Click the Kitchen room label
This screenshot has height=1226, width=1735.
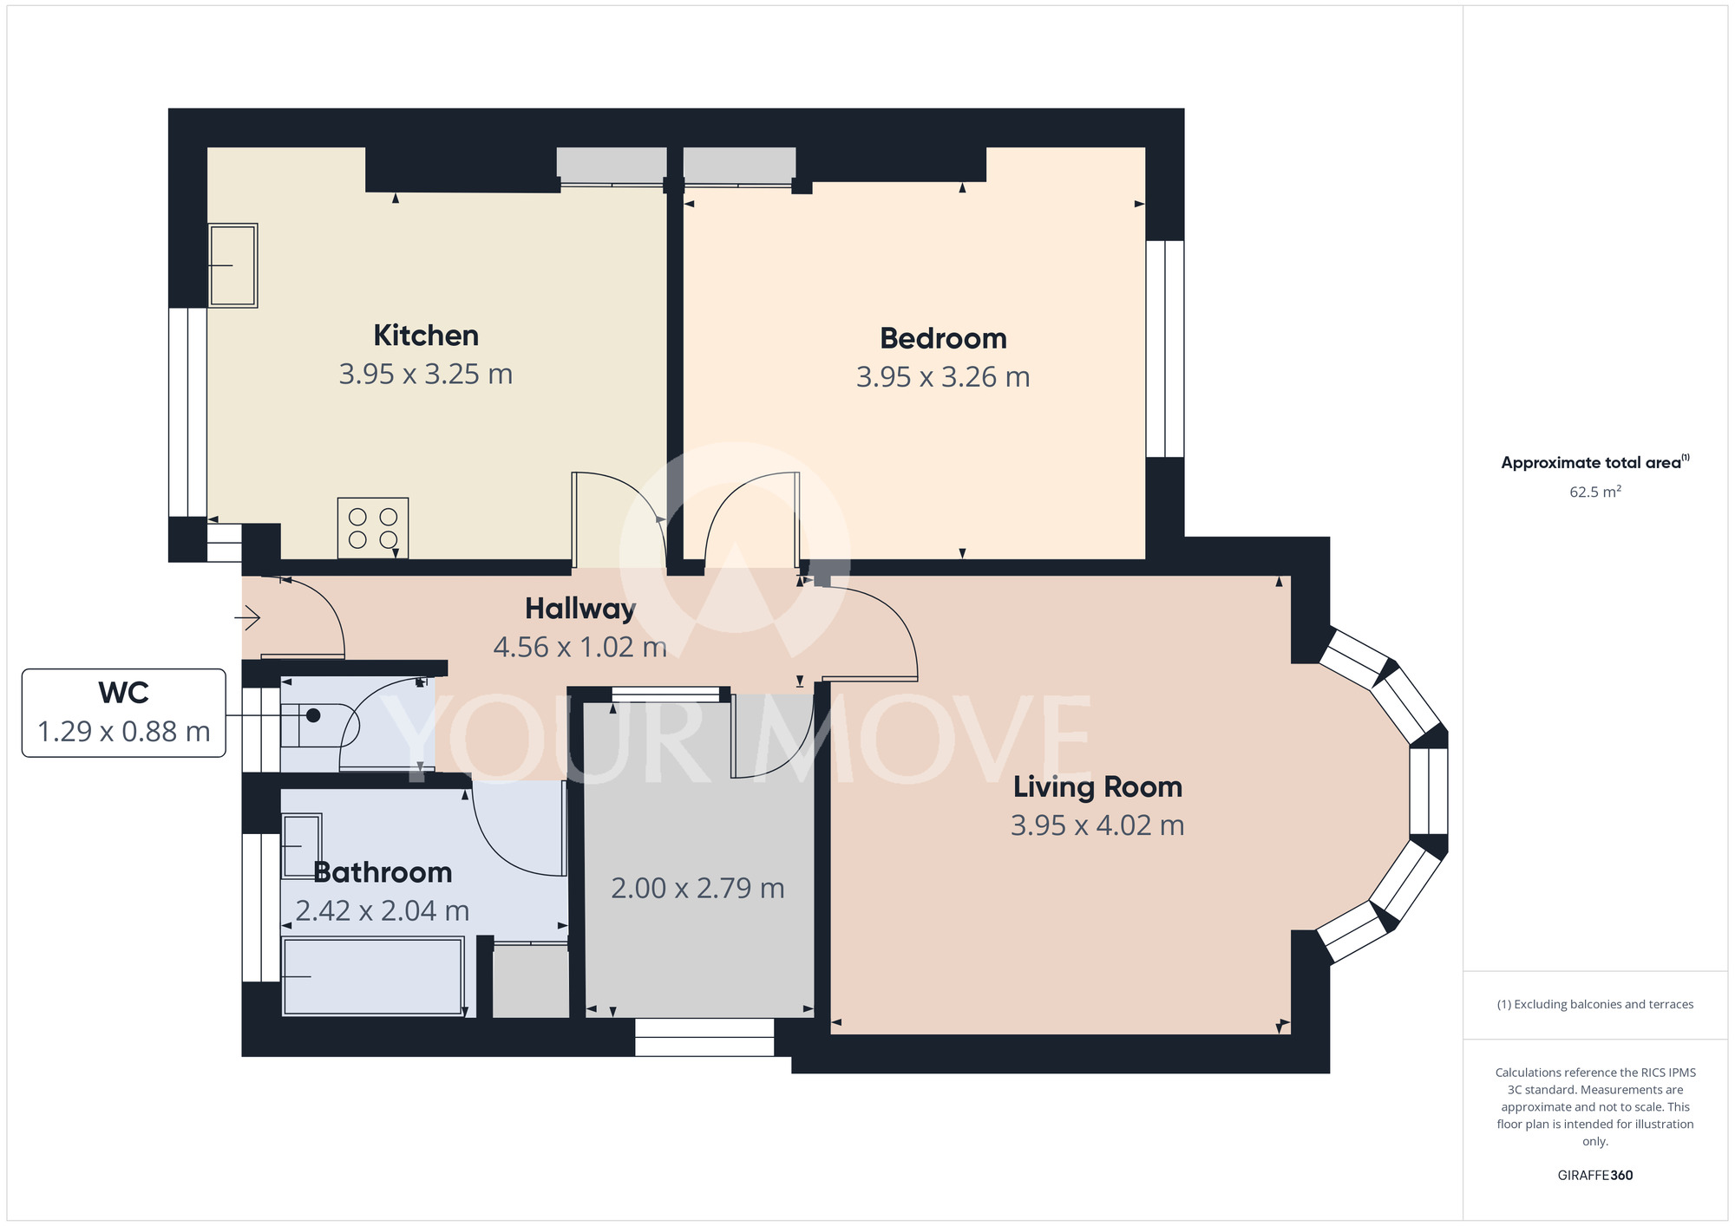[426, 336]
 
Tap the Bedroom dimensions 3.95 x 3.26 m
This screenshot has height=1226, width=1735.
[943, 377]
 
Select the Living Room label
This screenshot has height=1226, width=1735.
[1097, 787]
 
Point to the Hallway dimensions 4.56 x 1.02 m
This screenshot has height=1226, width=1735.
[579, 647]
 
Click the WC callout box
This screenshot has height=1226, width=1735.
[124, 713]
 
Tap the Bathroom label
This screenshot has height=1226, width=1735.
[383, 872]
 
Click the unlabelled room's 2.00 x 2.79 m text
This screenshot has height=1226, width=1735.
[697, 888]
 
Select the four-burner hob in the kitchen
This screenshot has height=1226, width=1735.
[373, 528]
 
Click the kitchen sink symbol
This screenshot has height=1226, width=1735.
[232, 265]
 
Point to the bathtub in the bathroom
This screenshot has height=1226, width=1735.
[373, 976]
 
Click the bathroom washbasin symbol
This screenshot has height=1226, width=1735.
[302, 845]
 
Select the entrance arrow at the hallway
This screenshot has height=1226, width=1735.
[248, 618]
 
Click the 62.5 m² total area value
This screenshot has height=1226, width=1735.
[1595, 492]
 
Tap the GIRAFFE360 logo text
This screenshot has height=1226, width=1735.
[1595, 1176]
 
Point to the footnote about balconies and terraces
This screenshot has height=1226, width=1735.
[1595, 1005]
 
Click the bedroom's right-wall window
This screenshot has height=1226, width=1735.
[1165, 349]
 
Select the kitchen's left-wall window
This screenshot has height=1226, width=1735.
[187, 412]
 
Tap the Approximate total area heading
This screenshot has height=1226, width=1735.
[1595, 462]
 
